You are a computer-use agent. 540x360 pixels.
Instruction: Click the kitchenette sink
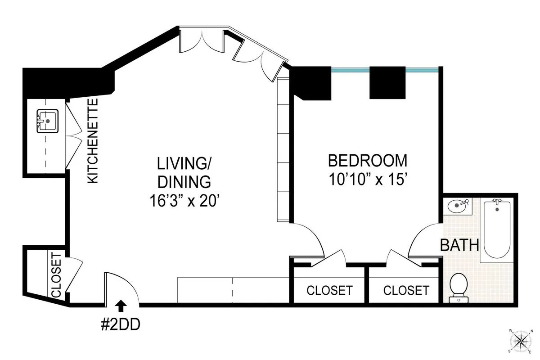click(47, 121)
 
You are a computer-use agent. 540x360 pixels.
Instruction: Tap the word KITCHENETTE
click(93, 141)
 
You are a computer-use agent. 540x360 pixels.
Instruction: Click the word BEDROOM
click(367, 161)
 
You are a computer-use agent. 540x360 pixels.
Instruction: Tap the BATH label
click(459, 246)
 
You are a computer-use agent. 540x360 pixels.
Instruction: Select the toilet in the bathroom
click(459, 285)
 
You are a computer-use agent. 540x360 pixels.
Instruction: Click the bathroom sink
click(459, 207)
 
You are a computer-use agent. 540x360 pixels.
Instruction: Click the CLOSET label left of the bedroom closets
click(329, 291)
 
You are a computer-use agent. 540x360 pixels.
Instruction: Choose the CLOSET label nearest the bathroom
click(406, 291)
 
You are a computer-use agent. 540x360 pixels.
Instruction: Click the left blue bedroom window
click(351, 69)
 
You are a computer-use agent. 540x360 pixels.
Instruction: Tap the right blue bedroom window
click(422, 69)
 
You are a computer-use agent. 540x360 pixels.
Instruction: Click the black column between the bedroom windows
click(387, 82)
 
